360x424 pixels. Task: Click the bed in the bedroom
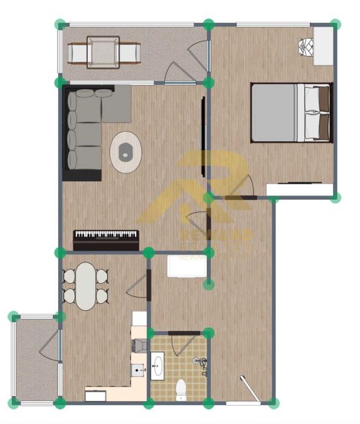[x=291, y=113]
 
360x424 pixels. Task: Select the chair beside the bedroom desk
[x=306, y=46]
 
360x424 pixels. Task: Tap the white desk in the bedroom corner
[x=323, y=45]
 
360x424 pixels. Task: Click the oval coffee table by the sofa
[x=126, y=151]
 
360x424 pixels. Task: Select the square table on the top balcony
[x=103, y=52]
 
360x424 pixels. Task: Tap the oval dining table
[x=86, y=285]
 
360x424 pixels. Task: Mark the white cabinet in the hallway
[x=188, y=267]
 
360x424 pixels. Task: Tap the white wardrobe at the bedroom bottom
[x=300, y=190]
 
